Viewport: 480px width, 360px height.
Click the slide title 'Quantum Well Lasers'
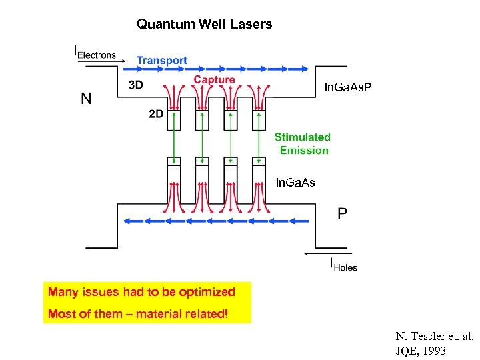pos(204,25)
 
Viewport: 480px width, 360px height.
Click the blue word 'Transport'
pos(162,61)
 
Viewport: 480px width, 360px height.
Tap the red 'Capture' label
pos(214,80)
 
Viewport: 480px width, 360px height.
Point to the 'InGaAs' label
pos(295,182)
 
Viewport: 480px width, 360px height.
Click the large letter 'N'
pos(86,99)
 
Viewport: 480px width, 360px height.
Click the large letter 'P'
pos(342,214)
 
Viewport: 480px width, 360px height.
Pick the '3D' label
pos(136,85)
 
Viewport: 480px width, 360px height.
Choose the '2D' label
pos(156,114)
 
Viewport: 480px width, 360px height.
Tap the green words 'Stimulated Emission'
pos(303,143)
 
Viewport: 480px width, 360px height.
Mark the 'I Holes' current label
pos(344,265)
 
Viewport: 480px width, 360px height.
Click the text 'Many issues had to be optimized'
pos(141,292)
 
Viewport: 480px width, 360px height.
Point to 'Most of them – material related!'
pos(138,313)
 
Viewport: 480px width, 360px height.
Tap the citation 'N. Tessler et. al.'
pos(433,337)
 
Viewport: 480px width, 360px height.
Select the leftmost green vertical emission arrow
pos(174,138)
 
